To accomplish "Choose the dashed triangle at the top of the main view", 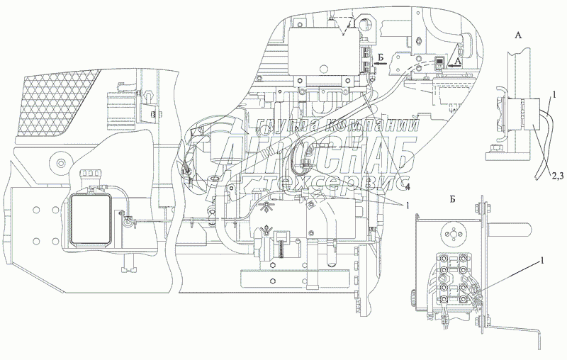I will [344, 26].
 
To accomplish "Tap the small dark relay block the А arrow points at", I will [439, 64].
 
